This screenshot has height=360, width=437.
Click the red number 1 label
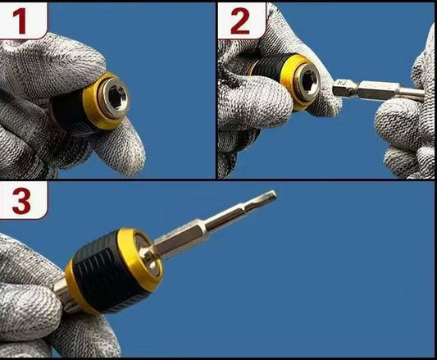tap(20, 21)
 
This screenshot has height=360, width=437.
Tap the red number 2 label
tap(240, 21)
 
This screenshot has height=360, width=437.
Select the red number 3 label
tap(21, 201)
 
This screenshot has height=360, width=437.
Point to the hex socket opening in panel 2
tap(308, 83)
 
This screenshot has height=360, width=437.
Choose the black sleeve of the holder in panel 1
tap(68, 110)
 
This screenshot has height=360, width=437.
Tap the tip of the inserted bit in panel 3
tap(275, 194)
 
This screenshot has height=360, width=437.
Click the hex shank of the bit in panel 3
tap(179, 237)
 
